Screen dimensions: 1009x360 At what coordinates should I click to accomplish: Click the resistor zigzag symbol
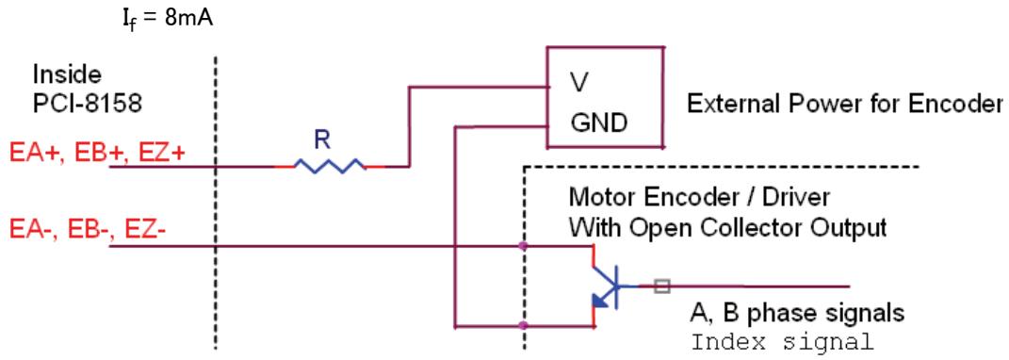click(330, 166)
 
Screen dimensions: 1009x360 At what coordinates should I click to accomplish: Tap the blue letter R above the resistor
click(322, 141)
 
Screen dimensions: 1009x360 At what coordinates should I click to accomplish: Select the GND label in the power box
click(598, 123)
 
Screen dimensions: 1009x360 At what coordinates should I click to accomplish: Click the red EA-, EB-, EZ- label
click(89, 229)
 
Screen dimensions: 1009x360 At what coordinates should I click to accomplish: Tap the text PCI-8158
click(88, 104)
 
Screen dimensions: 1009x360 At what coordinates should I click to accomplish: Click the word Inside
click(67, 75)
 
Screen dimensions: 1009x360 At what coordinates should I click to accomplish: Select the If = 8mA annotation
click(168, 19)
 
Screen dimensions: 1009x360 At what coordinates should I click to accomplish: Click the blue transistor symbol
click(606, 286)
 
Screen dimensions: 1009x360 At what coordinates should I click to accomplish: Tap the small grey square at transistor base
click(661, 286)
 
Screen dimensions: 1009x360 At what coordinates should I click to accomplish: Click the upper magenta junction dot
click(523, 246)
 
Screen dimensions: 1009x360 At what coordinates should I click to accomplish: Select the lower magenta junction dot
click(523, 325)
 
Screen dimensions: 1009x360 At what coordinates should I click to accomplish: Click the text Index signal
click(782, 340)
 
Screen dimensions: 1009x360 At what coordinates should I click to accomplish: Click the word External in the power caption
click(725, 103)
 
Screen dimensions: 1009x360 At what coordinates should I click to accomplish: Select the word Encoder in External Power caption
click(963, 103)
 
